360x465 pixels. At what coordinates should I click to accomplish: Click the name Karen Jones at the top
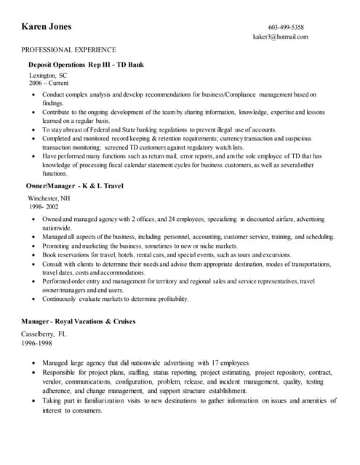tap(47, 27)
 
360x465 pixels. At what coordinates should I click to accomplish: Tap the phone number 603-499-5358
tap(286, 27)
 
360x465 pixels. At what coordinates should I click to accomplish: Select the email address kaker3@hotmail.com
tap(281, 36)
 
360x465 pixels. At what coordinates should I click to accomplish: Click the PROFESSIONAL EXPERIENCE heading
tap(68, 50)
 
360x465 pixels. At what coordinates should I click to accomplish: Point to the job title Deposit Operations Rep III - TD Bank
tap(87, 64)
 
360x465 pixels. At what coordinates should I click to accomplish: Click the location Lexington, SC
tap(48, 76)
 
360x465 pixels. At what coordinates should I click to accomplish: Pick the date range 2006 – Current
tap(49, 84)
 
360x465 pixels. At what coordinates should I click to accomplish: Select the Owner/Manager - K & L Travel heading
tap(75, 186)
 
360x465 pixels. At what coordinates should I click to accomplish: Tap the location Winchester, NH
tap(49, 198)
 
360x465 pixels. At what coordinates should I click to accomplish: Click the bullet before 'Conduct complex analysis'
tap(33, 95)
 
